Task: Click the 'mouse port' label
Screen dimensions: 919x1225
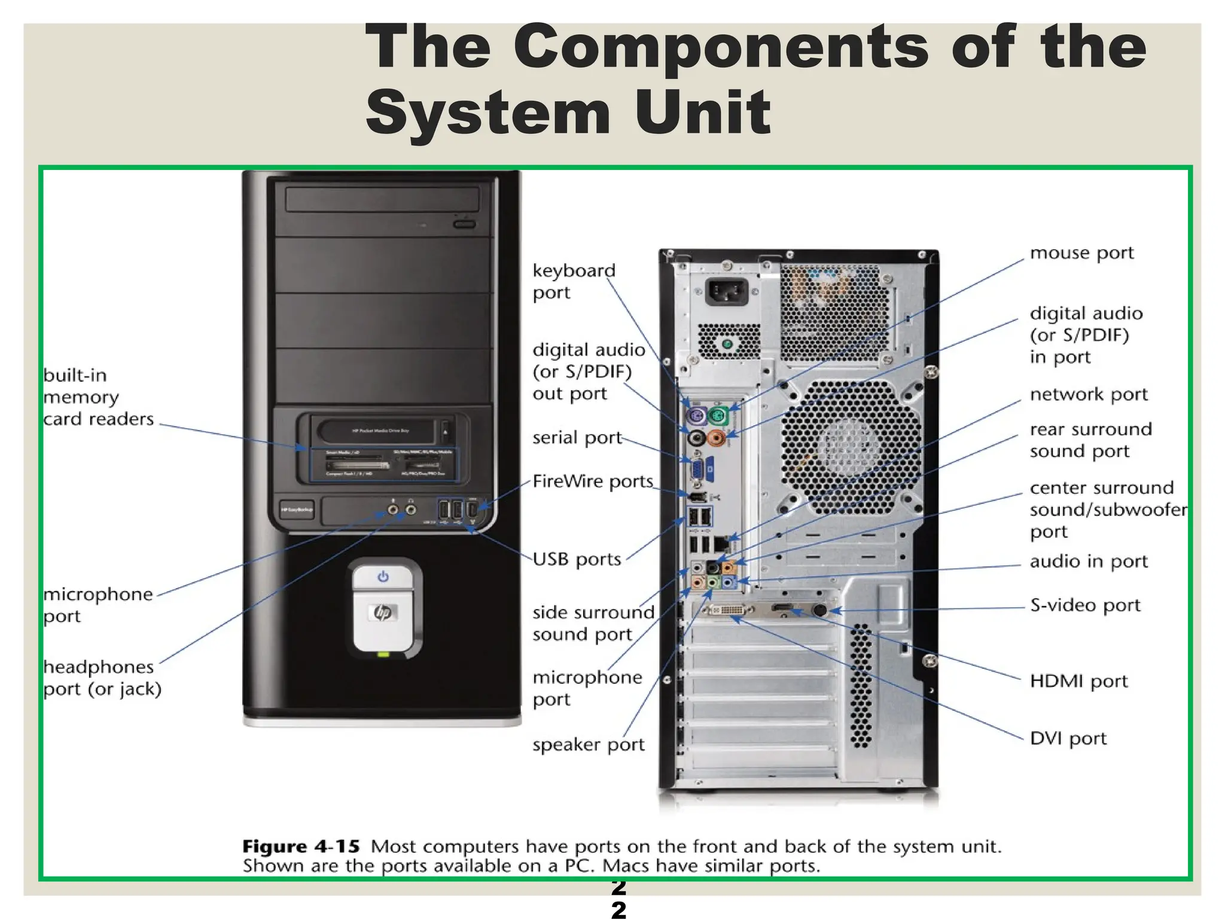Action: pyautogui.click(x=1081, y=253)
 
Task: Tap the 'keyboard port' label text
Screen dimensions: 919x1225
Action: pyautogui.click(x=574, y=281)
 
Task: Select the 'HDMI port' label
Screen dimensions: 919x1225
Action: pyautogui.click(x=1078, y=681)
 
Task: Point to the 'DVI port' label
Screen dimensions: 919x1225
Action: pyautogui.click(x=1068, y=738)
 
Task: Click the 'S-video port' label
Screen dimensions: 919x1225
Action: pyautogui.click(x=1085, y=605)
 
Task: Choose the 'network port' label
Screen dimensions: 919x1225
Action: pyautogui.click(x=1089, y=394)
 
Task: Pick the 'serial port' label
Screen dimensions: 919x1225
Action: pyautogui.click(x=577, y=438)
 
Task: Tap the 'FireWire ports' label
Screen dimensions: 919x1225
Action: pyautogui.click(x=593, y=481)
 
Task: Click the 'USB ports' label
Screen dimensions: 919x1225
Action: pyautogui.click(x=577, y=559)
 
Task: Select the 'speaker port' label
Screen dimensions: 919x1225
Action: pyautogui.click(x=589, y=745)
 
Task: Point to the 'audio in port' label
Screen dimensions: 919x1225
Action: pyautogui.click(x=1089, y=561)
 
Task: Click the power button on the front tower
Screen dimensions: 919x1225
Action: pyautogui.click(x=383, y=577)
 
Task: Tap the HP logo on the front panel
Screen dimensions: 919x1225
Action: pyautogui.click(x=383, y=613)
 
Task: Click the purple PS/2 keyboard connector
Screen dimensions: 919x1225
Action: pyautogui.click(x=696, y=415)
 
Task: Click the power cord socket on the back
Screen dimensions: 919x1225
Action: pyautogui.click(x=726, y=293)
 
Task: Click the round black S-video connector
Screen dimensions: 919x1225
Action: pyautogui.click(x=820, y=610)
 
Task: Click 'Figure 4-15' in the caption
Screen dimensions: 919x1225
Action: pyautogui.click(x=301, y=847)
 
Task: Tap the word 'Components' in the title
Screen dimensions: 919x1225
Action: pyautogui.click(x=720, y=48)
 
